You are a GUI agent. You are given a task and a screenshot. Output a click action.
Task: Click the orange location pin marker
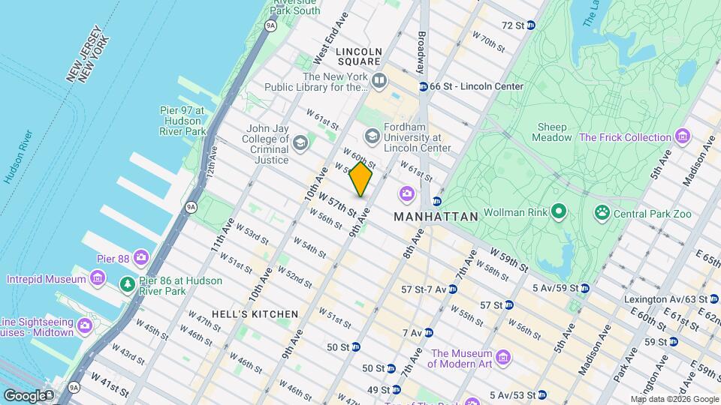360,179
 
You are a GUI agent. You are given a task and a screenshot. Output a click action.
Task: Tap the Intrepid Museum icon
97,279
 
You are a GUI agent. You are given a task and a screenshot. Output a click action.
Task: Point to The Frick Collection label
624,137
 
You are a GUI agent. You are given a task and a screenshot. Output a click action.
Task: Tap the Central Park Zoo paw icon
602,214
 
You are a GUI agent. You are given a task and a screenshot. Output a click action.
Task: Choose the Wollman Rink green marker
558,213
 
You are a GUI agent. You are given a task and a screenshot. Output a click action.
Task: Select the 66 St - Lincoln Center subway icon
423,86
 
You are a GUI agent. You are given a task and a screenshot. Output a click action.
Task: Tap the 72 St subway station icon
531,25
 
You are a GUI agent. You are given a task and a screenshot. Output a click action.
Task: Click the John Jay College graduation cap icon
300,143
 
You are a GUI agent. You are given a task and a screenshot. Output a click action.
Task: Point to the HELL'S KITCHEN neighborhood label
255,314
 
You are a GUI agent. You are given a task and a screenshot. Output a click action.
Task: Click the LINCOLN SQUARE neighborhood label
359,52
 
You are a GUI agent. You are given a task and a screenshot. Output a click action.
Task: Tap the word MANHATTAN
436,217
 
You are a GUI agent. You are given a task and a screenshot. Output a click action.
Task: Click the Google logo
24,395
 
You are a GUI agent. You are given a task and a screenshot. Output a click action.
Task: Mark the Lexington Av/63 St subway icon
713,299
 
